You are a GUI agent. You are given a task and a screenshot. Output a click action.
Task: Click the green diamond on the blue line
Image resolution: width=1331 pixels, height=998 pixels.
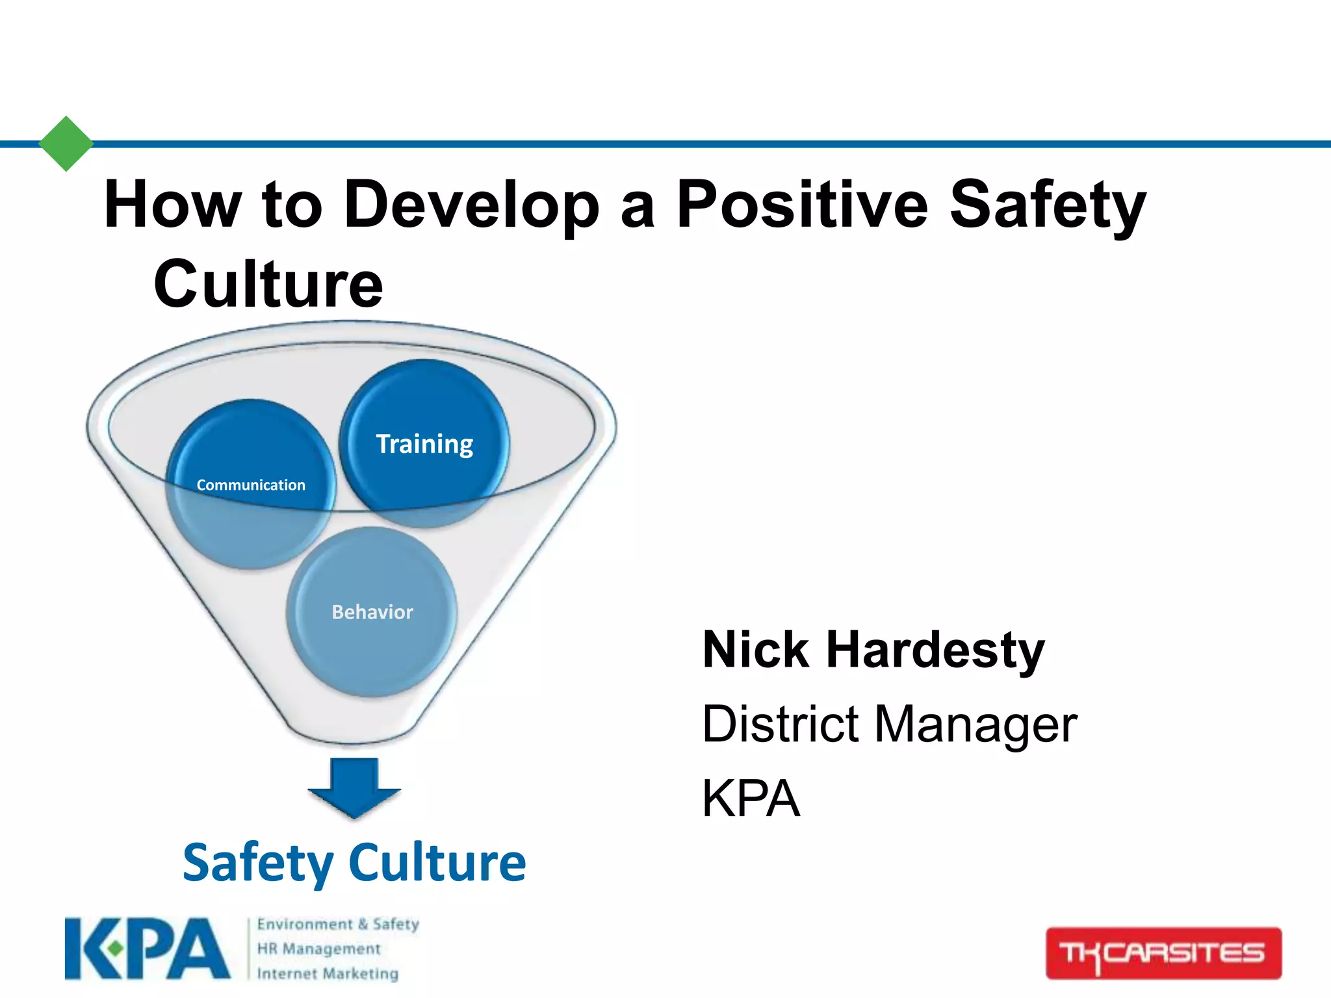(66, 144)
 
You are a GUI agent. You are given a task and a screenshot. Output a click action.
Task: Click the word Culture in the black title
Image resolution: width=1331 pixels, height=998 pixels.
(268, 285)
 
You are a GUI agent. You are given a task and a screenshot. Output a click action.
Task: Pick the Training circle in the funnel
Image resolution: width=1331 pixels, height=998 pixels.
(424, 444)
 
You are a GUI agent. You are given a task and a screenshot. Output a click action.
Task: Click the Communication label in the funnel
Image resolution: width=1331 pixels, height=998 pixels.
(251, 485)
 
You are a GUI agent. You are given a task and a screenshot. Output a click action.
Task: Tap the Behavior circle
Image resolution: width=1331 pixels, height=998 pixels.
(372, 612)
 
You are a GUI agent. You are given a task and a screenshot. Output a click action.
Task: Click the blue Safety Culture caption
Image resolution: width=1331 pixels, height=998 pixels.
(354, 863)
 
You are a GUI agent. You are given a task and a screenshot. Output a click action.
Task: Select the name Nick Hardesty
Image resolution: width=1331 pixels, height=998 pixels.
(873, 650)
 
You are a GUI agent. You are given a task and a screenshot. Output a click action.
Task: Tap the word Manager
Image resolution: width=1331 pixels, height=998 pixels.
(976, 725)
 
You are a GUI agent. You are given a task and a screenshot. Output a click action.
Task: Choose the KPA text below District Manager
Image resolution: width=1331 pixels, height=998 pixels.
(751, 799)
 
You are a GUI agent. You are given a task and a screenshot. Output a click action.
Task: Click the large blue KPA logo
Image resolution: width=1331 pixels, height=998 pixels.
(148, 949)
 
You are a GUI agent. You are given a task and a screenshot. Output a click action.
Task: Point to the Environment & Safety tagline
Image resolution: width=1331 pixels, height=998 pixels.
(338, 924)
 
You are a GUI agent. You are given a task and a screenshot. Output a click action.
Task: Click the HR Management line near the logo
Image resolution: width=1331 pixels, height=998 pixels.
(318, 949)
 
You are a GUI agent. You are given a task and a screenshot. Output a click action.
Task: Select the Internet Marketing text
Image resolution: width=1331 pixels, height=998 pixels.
(328, 973)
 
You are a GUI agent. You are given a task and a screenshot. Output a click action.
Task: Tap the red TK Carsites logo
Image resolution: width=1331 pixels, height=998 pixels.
(1163, 953)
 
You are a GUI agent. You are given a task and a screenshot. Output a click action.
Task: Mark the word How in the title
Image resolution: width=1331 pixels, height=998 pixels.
(172, 205)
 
